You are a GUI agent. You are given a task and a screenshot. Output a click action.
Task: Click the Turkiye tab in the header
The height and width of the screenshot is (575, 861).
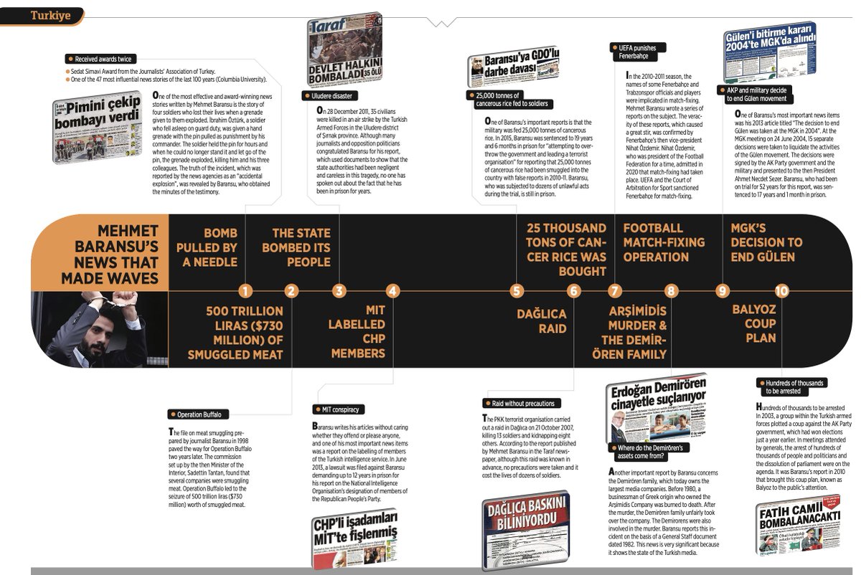(51, 15)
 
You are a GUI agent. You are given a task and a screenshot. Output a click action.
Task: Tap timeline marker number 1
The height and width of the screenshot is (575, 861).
(246, 291)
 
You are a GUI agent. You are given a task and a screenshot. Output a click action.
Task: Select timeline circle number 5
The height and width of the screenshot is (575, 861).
(516, 291)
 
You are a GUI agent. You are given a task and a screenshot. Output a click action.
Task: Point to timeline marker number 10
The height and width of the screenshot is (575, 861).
(781, 291)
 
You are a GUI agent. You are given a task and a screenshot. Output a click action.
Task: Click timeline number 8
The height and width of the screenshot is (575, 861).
(670, 291)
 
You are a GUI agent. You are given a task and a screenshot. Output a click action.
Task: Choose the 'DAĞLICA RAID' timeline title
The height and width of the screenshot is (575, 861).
(542, 321)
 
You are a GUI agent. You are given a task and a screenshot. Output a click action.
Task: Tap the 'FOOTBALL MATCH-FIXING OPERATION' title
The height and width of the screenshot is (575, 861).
(664, 242)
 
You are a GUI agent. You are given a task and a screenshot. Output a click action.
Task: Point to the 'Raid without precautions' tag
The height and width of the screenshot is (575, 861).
(522, 404)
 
